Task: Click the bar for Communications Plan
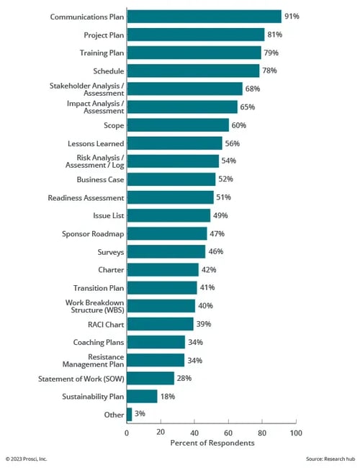[204, 17]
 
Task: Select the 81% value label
[275, 35]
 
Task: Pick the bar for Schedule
[193, 71]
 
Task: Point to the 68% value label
[253, 89]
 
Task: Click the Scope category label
[114, 125]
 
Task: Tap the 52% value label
[225, 179]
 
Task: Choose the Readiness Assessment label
[86, 197]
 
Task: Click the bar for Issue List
[168, 215]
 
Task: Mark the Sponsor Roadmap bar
[166, 233]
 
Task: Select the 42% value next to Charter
[209, 270]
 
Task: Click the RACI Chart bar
[160, 324]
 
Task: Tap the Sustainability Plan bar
[142, 396]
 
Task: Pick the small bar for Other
[130, 414]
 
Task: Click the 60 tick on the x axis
[228, 432]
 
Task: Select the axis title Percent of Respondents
[212, 443]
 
